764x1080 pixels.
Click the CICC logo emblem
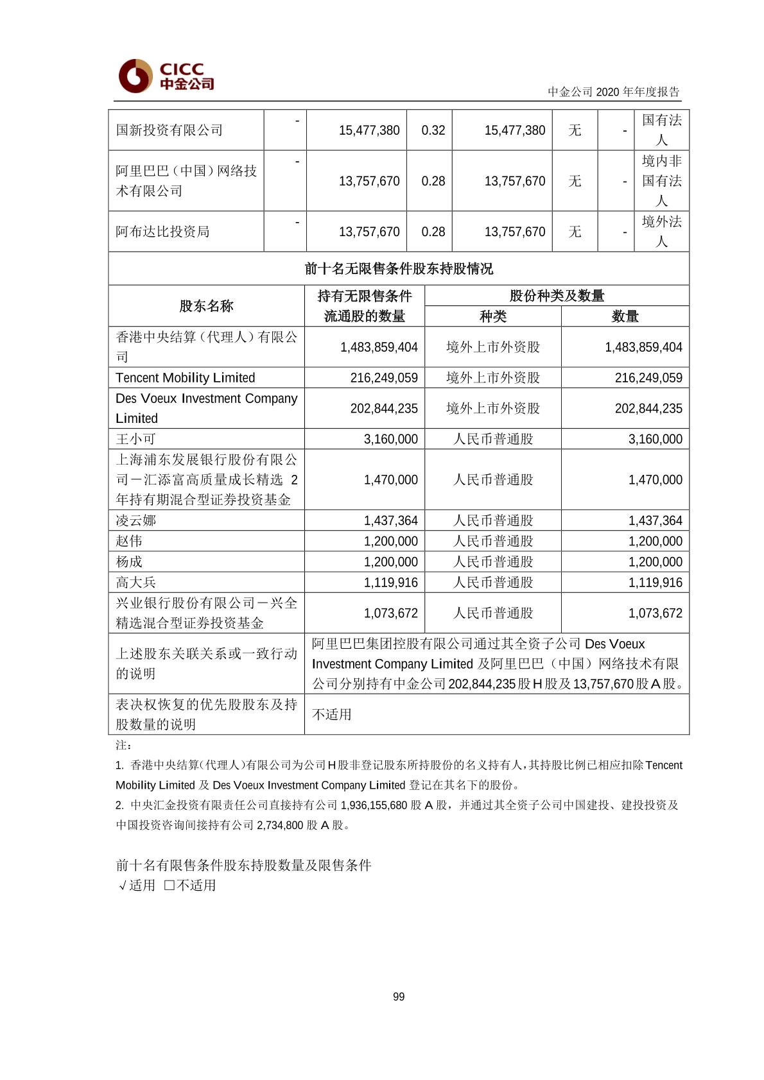pyautogui.click(x=135, y=76)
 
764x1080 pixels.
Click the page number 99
pyautogui.click(x=399, y=997)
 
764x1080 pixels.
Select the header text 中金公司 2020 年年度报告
pyautogui.click(x=613, y=92)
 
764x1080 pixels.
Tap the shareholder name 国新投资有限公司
pyautogui.click(x=169, y=130)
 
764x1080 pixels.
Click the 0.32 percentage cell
pyautogui.click(x=433, y=130)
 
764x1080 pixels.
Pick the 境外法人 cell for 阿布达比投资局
pyautogui.click(x=661, y=232)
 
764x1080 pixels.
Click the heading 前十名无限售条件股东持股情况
pyautogui.click(x=399, y=268)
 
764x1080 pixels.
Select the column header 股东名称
pyautogui.click(x=206, y=306)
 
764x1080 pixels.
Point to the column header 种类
pyautogui.click(x=493, y=316)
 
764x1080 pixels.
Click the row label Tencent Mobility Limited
pyautogui.click(x=186, y=377)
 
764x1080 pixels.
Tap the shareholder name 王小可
pyautogui.click(x=136, y=439)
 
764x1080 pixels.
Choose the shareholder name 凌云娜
pyautogui.click(x=136, y=520)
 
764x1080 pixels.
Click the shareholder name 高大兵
pyautogui.click(x=136, y=582)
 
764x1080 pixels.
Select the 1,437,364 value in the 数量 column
pyautogui.click(x=655, y=520)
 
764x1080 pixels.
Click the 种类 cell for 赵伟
pyautogui.click(x=493, y=541)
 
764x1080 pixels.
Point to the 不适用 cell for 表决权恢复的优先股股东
pyautogui.click(x=332, y=714)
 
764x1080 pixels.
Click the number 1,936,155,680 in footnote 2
pyautogui.click(x=374, y=805)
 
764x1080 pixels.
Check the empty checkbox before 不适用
pyautogui.click(x=169, y=885)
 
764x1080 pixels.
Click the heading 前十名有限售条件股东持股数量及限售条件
pyautogui.click(x=244, y=865)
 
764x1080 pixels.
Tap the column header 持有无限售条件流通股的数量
pyautogui.click(x=365, y=306)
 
